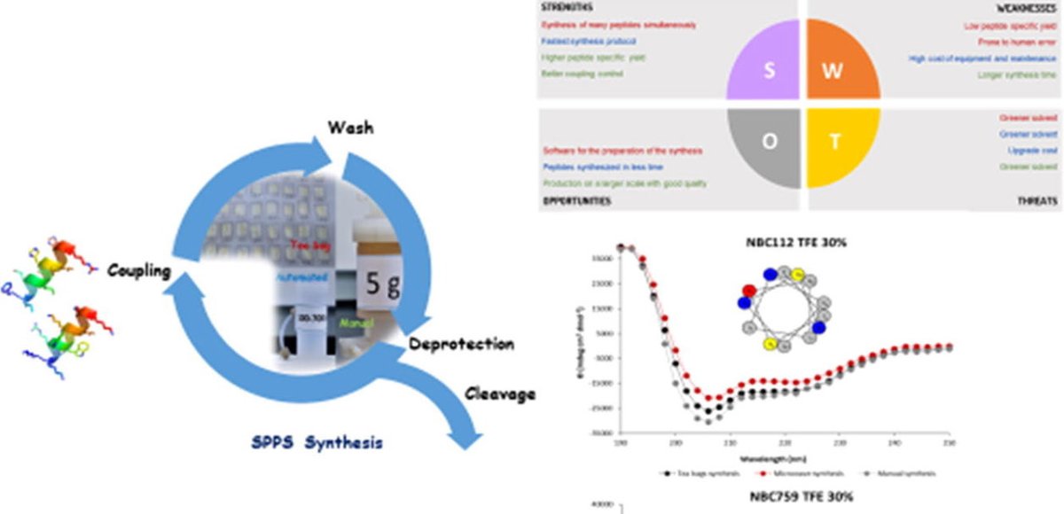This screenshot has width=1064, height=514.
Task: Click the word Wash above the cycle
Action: click(x=350, y=128)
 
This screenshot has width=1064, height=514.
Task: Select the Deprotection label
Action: click(x=461, y=343)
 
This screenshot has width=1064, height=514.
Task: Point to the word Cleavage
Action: click(x=500, y=393)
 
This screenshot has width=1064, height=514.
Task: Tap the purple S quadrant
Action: click(x=764, y=71)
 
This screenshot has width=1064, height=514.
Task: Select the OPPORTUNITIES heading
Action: click(x=577, y=202)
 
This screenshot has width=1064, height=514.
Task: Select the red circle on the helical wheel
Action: click(x=749, y=290)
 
